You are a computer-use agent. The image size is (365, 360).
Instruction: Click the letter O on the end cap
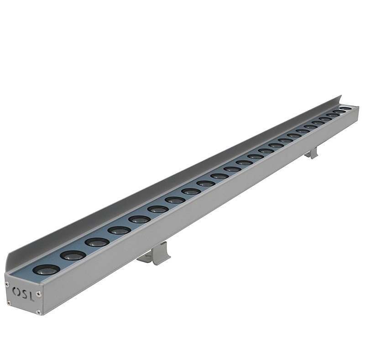pyautogui.click(x=16, y=290)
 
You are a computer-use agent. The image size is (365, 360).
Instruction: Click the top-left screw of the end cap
pyautogui.click(x=7, y=283)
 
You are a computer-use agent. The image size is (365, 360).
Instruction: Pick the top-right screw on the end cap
pyautogui.click(x=40, y=294)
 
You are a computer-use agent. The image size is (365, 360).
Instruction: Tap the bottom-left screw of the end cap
pyautogui.click(x=9, y=303)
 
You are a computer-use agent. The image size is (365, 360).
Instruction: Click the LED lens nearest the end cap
pyautogui.click(x=47, y=270)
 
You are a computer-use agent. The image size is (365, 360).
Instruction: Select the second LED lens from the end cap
pyautogui.click(x=73, y=256)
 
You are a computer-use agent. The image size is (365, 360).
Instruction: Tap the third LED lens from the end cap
pyautogui.click(x=97, y=242)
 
